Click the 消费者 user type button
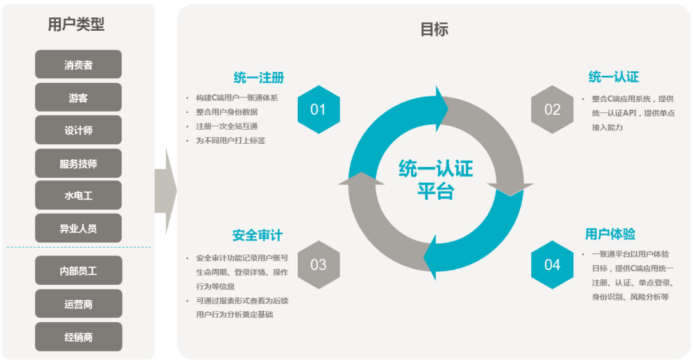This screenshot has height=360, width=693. pyautogui.click(x=78, y=65)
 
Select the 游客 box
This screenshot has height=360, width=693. pyautogui.click(x=78, y=98)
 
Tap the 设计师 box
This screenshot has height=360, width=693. pyautogui.click(x=78, y=130)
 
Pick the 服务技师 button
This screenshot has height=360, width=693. pyautogui.click(x=78, y=164)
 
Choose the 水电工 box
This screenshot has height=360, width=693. pyautogui.click(x=78, y=196)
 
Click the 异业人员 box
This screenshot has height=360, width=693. pyautogui.click(x=78, y=228)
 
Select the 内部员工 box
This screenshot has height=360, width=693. pyautogui.click(x=78, y=271)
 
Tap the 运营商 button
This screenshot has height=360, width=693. pyautogui.click(x=78, y=304)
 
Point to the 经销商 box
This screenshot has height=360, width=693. pyautogui.click(x=78, y=337)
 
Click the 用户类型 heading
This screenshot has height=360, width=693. pyautogui.click(x=76, y=24)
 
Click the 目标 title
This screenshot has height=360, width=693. pyautogui.click(x=434, y=30)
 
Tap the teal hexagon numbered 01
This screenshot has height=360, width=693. pyautogui.click(x=318, y=110)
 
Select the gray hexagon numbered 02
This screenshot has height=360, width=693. pyautogui.click(x=552, y=110)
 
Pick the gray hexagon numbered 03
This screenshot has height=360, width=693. pyautogui.click(x=318, y=264)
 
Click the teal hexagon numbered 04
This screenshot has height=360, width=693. pyautogui.click(x=552, y=264)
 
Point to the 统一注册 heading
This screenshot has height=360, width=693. pyautogui.click(x=259, y=78)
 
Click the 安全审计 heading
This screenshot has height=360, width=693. pyautogui.click(x=257, y=236)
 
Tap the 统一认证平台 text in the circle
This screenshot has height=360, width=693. pyautogui.click(x=436, y=180)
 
